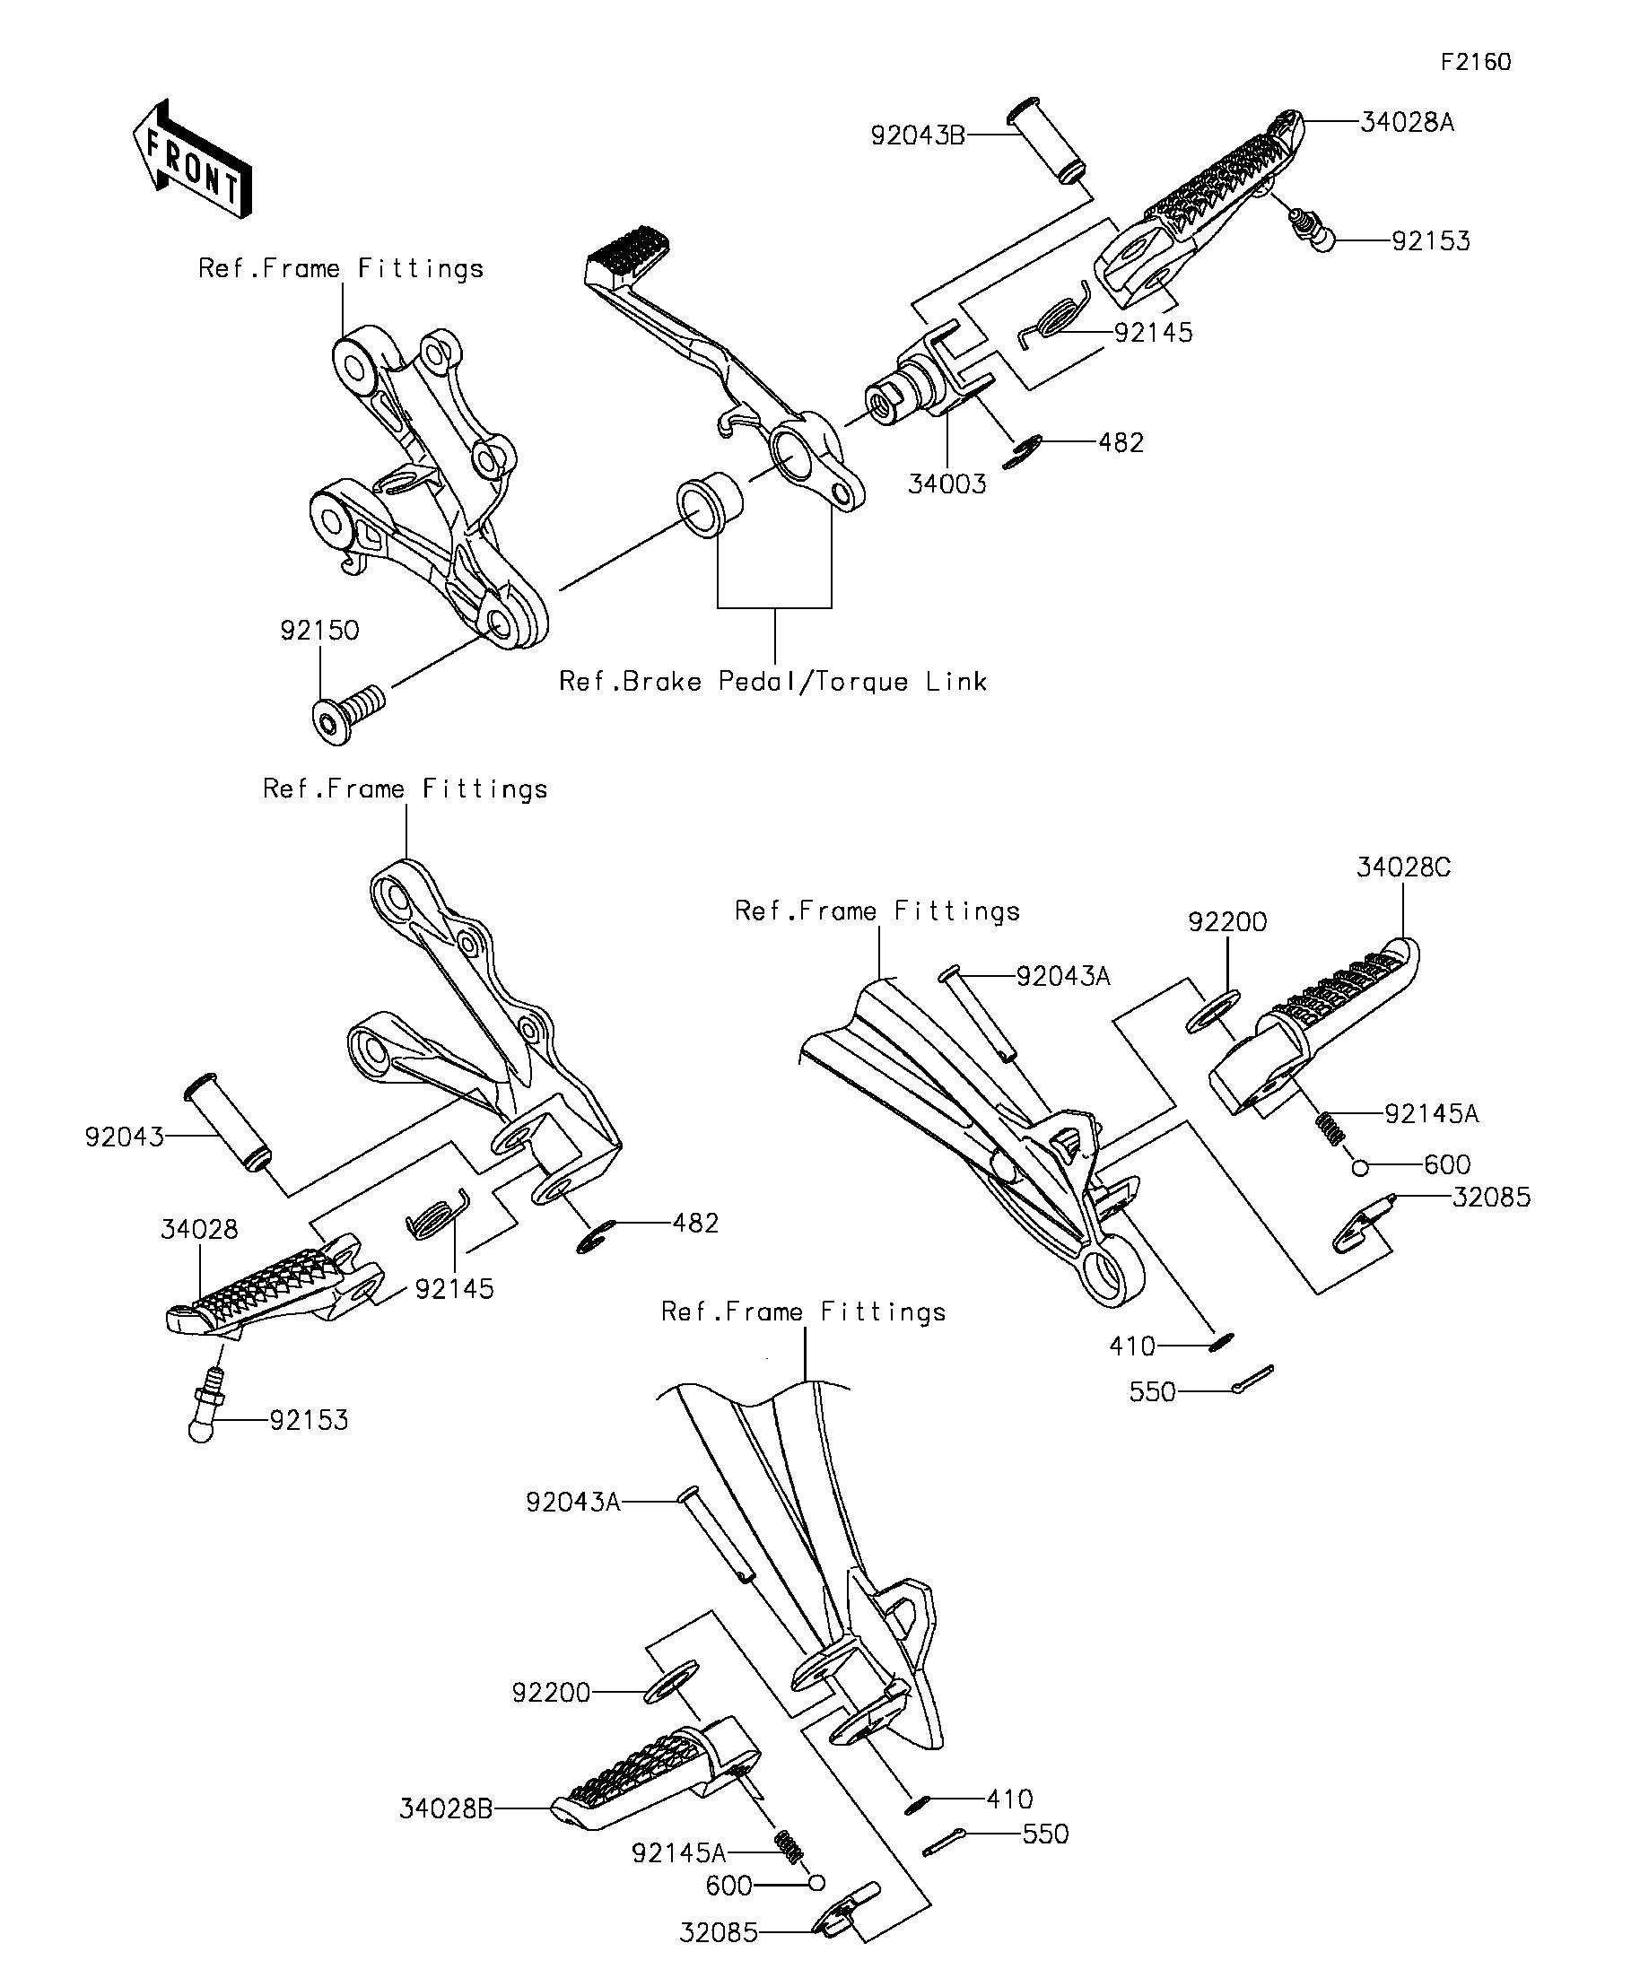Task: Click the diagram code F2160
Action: (1476, 62)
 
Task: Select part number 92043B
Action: (918, 135)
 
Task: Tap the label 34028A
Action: (1408, 122)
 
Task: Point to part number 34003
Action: (946, 484)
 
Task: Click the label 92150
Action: (319, 630)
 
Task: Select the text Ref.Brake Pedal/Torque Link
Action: (773, 681)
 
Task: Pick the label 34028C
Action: (1403, 867)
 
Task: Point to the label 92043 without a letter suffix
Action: (125, 1137)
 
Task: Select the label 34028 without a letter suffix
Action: (200, 1229)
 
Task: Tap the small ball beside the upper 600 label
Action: (1359, 1168)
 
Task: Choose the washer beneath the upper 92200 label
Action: (1213, 1011)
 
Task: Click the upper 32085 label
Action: (1492, 1198)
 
